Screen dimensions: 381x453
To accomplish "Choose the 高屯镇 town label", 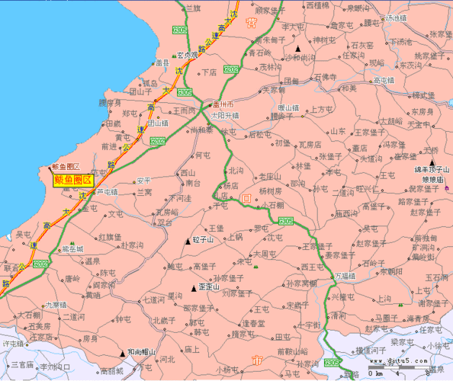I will coord(384,79).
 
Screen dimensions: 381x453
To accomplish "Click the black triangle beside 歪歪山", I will coord(192,288).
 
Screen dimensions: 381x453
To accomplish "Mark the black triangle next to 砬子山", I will coord(187,242).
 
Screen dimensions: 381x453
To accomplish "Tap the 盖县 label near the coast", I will coord(162,64).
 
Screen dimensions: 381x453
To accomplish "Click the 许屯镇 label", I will coord(14,344).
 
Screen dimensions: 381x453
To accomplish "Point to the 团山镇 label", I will coord(159,122).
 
